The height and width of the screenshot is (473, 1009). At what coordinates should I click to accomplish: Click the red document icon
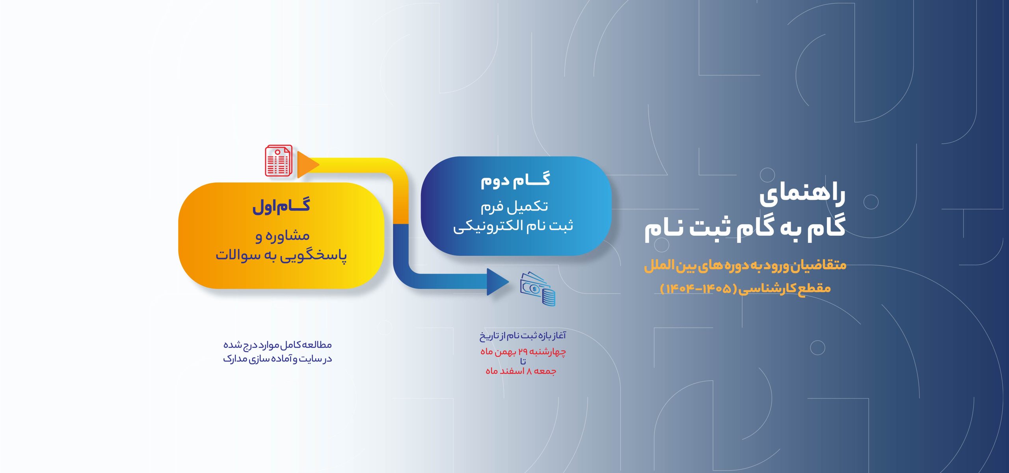(279, 160)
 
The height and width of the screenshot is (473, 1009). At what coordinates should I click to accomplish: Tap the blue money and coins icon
(538, 289)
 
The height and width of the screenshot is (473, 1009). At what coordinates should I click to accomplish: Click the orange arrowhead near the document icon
(308, 164)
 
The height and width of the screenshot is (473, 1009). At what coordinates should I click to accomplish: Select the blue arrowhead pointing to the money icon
(498, 282)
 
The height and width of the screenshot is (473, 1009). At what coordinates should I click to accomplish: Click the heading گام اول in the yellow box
(281, 206)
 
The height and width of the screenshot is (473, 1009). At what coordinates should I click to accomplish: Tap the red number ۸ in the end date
(529, 371)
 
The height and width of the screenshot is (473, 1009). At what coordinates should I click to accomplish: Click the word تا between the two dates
(523, 361)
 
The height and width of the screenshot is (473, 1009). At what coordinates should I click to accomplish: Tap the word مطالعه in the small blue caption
(318, 345)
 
